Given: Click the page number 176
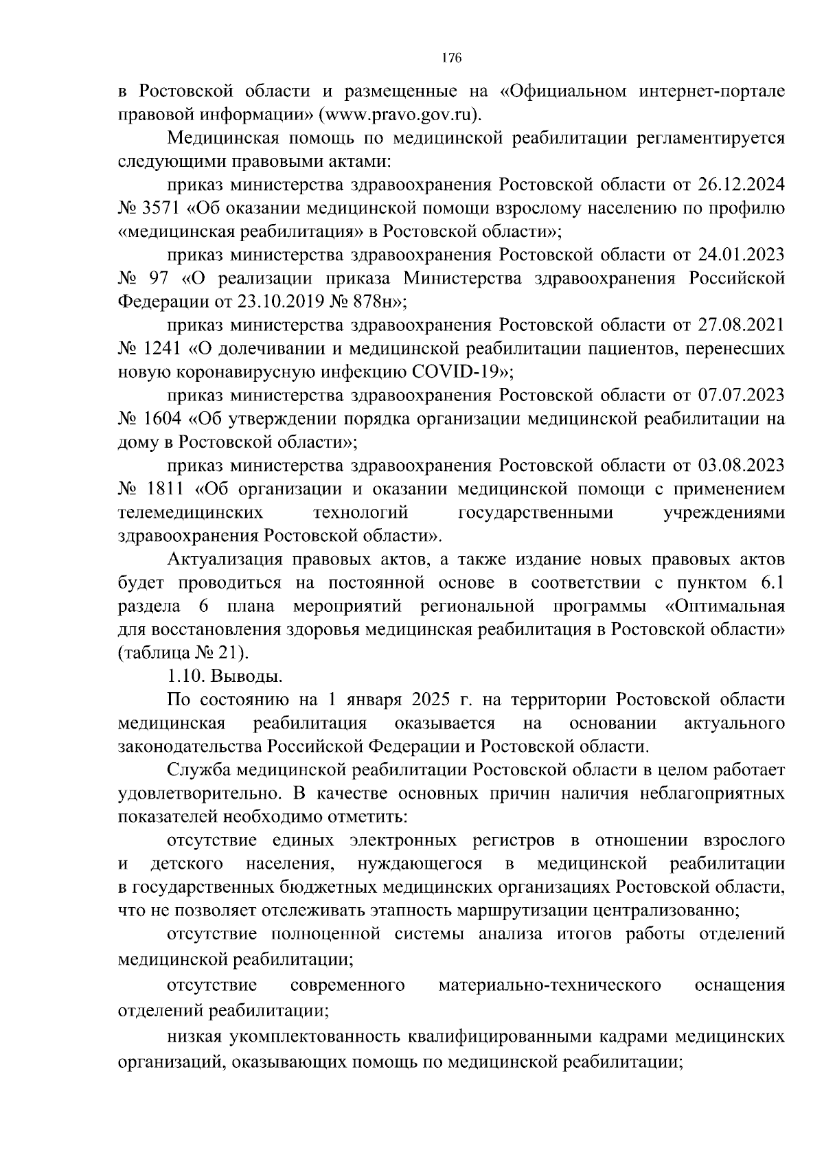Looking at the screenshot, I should coord(451,58).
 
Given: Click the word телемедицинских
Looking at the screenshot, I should coord(192,513).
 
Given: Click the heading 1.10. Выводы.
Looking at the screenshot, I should coord(224,676).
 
